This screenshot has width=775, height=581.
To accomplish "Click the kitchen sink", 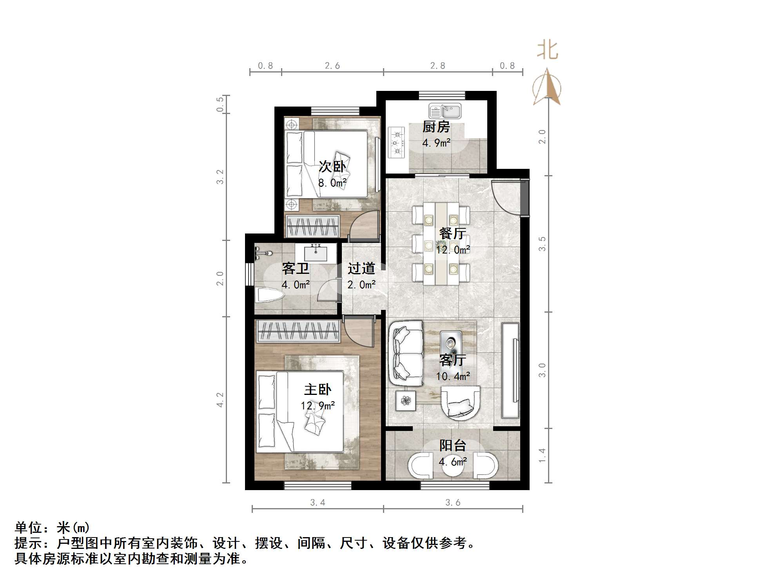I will point(445,111).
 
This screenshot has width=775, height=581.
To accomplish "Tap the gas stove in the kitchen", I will point(396,143).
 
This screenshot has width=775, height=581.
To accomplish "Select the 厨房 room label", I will point(436,127).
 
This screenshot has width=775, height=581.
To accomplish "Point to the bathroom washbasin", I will point(316,253).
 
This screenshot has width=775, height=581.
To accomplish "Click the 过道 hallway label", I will point(361,269).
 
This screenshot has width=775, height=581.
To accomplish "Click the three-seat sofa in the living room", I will point(406,353).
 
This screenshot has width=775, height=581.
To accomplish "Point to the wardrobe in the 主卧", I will point(298,331).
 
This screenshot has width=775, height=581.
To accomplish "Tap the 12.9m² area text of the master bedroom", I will point(318,405).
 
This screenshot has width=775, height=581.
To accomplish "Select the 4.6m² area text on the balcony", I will point(452,462).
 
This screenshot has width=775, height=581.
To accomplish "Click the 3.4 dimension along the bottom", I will point(317,503).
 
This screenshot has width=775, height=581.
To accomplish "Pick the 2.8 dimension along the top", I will point(437,66).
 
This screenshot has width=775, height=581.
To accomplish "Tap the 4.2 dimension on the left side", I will point(220,400).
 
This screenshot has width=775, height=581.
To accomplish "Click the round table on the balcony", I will point(453,466).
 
